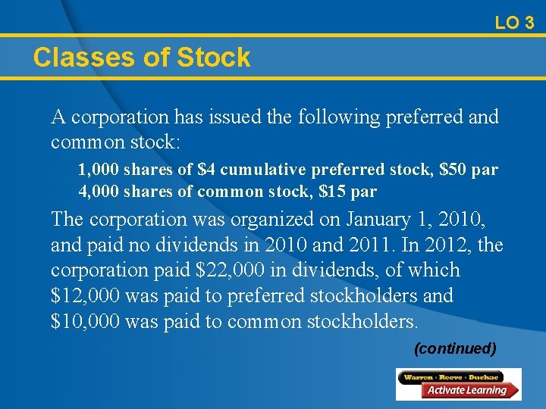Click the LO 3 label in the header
click(514, 23)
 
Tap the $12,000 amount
click(84, 296)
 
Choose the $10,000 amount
click(85, 322)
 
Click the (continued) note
click(455, 349)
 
